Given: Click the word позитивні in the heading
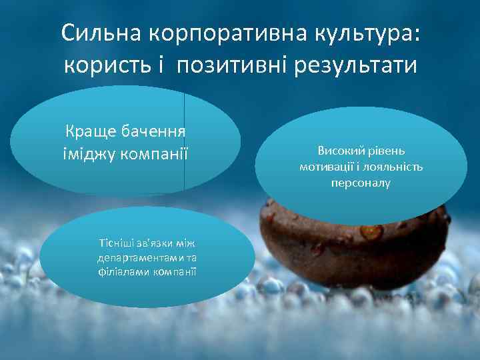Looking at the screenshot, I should [235, 66].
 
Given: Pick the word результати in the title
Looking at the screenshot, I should [361, 66].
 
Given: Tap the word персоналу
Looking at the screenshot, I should [361, 181].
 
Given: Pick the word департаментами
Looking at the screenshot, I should [133, 257].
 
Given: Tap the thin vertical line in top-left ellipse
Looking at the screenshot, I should [184, 143].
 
